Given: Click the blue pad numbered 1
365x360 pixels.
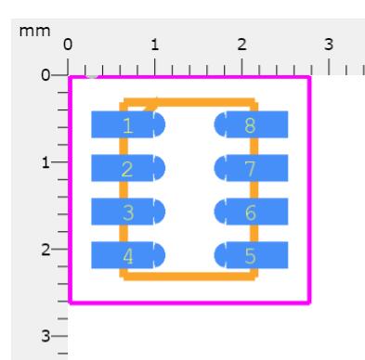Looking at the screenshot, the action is click(x=128, y=124).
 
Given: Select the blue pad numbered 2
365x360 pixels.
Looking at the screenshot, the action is click(x=128, y=168).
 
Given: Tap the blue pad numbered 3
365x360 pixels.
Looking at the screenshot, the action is click(x=128, y=212).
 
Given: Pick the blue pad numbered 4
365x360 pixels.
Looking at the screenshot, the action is click(x=128, y=255).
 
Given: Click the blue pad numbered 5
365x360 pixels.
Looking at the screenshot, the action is click(x=251, y=255).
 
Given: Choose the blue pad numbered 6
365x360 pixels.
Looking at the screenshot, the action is click(x=251, y=212).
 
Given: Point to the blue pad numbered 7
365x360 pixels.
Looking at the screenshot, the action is click(x=251, y=168).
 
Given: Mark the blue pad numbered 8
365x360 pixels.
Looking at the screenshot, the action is click(x=251, y=124).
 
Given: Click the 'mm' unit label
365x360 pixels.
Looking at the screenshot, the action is click(x=34, y=32).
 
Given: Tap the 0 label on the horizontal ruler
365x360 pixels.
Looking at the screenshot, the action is click(x=68, y=45).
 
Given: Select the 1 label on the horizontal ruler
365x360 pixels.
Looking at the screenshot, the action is click(x=155, y=45).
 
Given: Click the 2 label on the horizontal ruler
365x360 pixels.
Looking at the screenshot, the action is click(x=241, y=45).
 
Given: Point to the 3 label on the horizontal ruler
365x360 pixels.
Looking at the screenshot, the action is click(x=329, y=45).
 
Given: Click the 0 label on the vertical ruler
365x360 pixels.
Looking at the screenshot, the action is click(x=46, y=75).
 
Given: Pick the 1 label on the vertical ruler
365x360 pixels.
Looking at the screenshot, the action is click(x=46, y=162).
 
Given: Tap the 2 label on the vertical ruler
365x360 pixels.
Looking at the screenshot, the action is click(x=46, y=250).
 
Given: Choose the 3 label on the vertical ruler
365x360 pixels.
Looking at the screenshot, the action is click(x=46, y=336).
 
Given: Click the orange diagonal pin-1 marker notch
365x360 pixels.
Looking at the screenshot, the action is click(x=150, y=105).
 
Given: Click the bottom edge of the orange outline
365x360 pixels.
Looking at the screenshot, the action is click(x=189, y=276).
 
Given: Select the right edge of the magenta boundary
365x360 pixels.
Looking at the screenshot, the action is click(x=309, y=190).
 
